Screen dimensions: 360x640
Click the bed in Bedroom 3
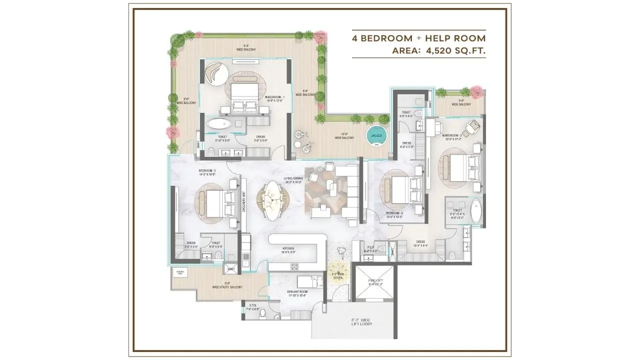tap(216, 202)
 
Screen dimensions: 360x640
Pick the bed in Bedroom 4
tap(398, 190)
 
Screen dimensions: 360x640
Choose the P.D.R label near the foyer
tap(370, 247)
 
